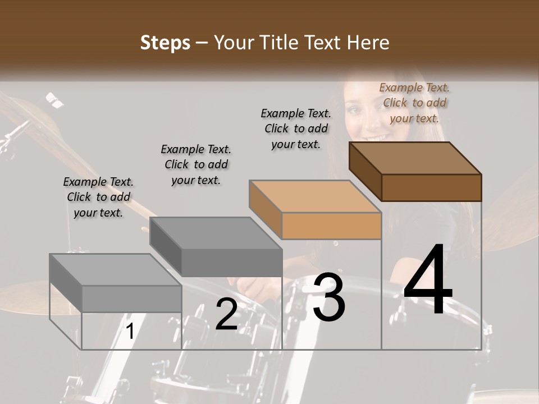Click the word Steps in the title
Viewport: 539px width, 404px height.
coord(165,43)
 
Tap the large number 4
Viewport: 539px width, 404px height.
coord(428,281)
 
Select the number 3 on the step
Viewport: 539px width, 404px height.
coord(329,297)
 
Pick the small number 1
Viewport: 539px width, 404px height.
coord(130,332)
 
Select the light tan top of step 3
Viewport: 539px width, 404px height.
coord(315,196)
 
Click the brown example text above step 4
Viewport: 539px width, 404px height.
coord(414,103)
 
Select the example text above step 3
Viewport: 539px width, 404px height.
coord(296,128)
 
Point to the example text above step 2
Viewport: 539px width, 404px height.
coord(196,164)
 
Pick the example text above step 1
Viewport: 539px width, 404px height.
coord(98,197)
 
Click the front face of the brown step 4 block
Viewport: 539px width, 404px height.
coord(431,187)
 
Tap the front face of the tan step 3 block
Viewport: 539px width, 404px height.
coord(331,226)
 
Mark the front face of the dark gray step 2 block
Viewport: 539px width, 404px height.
coord(231,263)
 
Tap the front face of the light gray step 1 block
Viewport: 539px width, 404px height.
coord(131,299)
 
